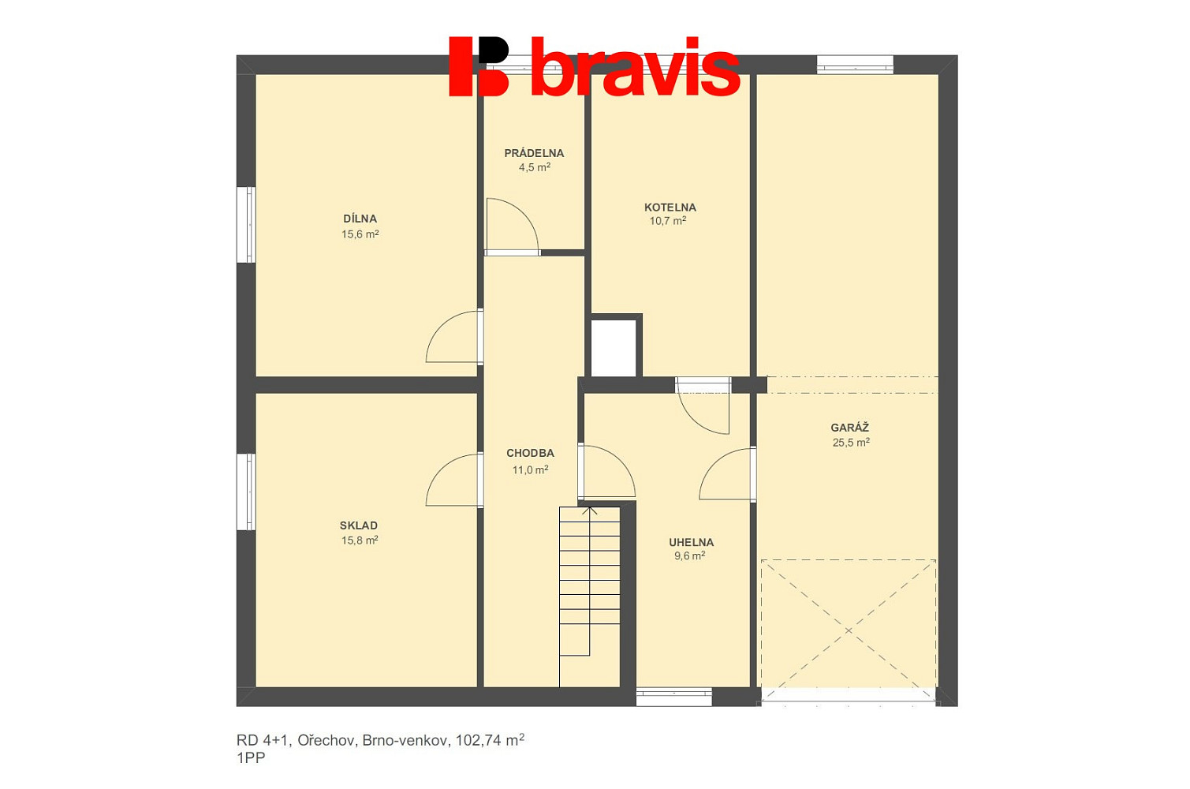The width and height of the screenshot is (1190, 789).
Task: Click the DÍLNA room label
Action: click(x=360, y=219)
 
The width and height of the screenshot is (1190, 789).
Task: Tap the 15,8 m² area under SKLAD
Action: click(x=360, y=540)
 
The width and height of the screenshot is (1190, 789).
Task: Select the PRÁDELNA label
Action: click(x=534, y=153)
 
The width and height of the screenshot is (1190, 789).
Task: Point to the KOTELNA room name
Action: click(x=670, y=208)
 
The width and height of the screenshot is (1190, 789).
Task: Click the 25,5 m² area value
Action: click(x=851, y=443)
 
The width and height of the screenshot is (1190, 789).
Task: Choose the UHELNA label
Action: click(x=691, y=542)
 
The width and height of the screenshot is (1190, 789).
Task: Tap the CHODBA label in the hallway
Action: click(x=530, y=453)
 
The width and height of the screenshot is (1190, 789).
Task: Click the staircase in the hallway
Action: click(x=589, y=596)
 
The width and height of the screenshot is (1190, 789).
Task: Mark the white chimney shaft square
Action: click(x=614, y=348)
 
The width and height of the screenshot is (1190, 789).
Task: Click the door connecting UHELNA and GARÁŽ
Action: click(x=728, y=474)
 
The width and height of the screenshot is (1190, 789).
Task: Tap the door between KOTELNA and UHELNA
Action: click(x=703, y=406)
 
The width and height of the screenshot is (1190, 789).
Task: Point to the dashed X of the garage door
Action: click(x=849, y=630)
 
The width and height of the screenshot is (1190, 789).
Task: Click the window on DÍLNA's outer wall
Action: click(x=246, y=224)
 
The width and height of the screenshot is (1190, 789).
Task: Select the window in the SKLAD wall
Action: click(x=246, y=492)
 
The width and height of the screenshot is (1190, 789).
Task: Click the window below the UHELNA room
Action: click(x=673, y=697)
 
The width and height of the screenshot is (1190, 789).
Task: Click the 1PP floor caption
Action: click(x=251, y=758)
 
